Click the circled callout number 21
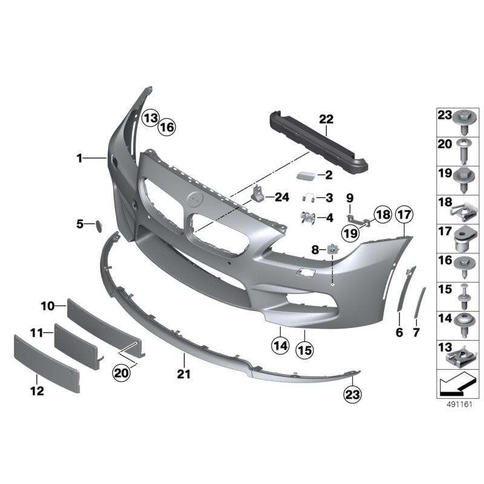click(183, 374)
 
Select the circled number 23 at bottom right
click(352, 394)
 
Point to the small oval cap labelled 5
click(96, 226)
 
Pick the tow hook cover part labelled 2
click(306, 176)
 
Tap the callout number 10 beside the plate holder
click(48, 307)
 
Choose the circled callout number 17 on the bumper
click(404, 215)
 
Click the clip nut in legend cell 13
click(464, 353)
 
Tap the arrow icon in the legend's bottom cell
click(457, 383)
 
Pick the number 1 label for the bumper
click(79, 159)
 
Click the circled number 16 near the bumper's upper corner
click(167, 127)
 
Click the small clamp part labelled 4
click(309, 217)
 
